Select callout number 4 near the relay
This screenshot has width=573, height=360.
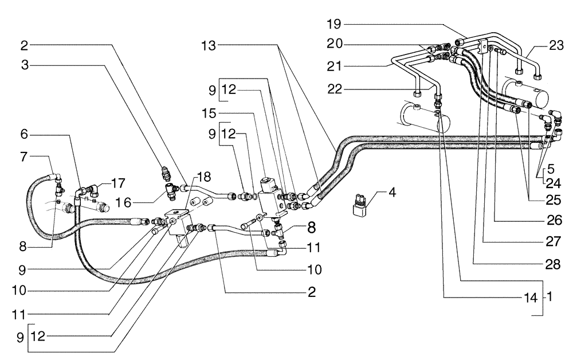click(x=393, y=193)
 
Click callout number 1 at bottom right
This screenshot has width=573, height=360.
click(x=548, y=298)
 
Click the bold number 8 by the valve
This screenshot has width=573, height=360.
click(x=311, y=228)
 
